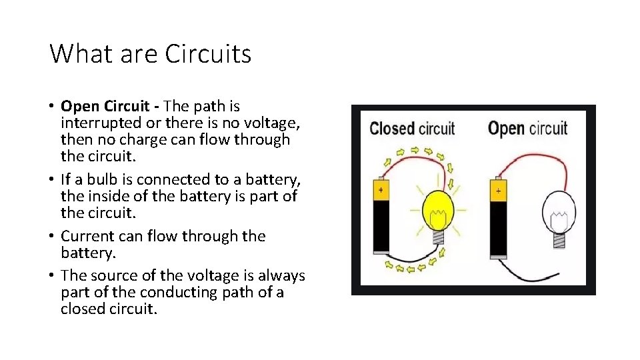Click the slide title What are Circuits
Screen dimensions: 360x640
pos(150,53)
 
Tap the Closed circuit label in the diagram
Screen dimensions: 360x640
pos(411,129)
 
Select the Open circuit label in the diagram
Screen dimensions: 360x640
pos(528,128)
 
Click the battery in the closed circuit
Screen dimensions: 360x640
pos(381,217)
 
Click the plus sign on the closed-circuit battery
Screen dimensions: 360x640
pos(381,189)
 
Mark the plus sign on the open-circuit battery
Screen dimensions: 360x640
pos(499,190)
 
